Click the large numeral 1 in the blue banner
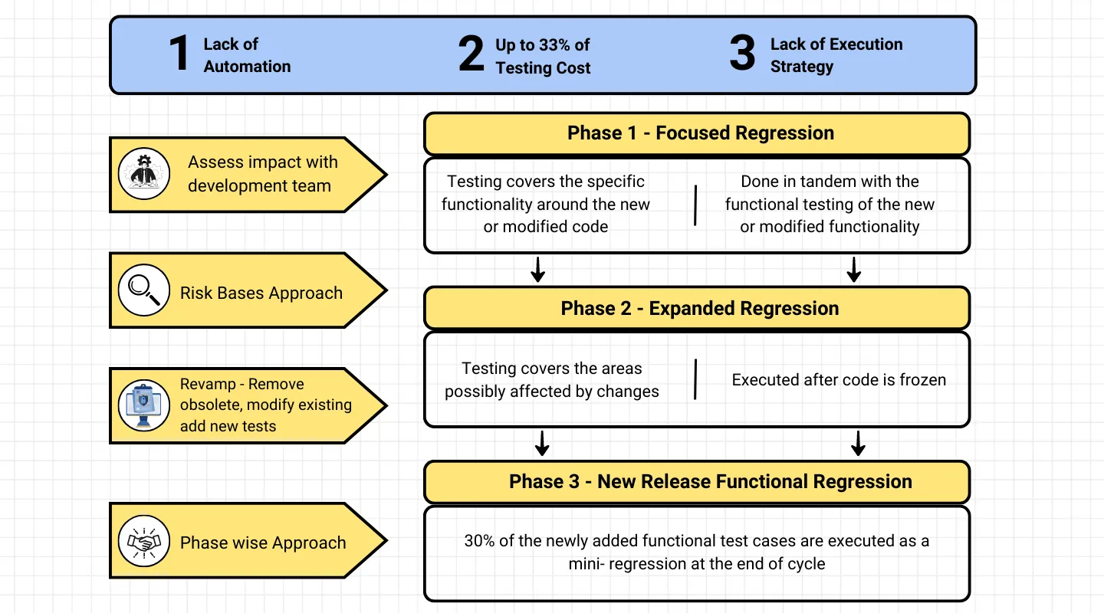(179, 53)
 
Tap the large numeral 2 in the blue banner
(471, 53)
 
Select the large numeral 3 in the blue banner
(742, 52)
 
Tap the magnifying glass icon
(144, 290)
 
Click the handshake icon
(144, 541)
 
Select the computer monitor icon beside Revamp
(144, 405)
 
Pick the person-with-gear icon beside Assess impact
(144, 174)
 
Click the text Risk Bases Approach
(261, 293)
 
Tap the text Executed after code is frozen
(839, 380)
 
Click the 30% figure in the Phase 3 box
(479, 540)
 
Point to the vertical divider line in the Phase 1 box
(695, 205)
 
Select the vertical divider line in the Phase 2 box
(695, 379)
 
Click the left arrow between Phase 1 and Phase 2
(537, 270)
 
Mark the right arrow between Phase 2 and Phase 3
(858, 444)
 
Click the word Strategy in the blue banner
(802, 67)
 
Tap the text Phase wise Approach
(263, 543)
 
